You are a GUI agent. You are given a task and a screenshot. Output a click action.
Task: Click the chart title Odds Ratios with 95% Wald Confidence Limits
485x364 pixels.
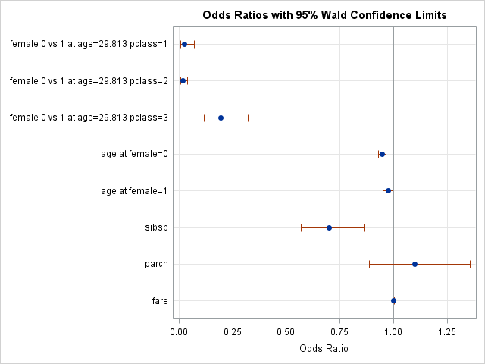(x=324, y=15)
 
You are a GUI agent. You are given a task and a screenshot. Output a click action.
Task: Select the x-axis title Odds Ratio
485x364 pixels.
(x=324, y=348)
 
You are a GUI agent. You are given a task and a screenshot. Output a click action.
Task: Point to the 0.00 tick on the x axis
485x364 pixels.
(x=179, y=331)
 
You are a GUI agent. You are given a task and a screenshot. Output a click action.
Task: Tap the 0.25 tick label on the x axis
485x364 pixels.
(x=232, y=331)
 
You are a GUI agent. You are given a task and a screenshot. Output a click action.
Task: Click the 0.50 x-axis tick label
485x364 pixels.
(x=286, y=331)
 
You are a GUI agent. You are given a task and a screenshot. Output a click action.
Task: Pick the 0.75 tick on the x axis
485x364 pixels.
(x=339, y=331)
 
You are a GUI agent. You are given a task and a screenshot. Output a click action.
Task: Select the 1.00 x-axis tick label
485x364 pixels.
(x=393, y=331)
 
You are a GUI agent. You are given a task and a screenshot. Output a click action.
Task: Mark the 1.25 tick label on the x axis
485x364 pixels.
(x=447, y=331)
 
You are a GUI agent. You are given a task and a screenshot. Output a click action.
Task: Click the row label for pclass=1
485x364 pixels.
(x=89, y=44)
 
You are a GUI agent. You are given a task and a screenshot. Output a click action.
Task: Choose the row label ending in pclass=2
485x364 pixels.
(x=89, y=81)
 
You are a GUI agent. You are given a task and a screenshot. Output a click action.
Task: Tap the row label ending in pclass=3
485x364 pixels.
(x=89, y=118)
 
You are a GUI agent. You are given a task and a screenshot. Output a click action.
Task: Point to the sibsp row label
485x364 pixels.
(x=156, y=227)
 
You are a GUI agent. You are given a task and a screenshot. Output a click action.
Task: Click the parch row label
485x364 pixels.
(x=155, y=264)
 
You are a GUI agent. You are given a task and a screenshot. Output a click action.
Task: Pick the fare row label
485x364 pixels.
(x=160, y=301)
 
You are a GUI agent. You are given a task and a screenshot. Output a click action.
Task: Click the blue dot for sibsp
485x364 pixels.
(x=329, y=227)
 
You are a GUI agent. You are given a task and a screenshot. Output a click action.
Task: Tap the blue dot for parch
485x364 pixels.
(x=415, y=264)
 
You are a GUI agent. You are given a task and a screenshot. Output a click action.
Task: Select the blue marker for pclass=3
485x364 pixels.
(x=221, y=118)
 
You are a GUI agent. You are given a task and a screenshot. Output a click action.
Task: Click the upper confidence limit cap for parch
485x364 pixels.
(x=470, y=264)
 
